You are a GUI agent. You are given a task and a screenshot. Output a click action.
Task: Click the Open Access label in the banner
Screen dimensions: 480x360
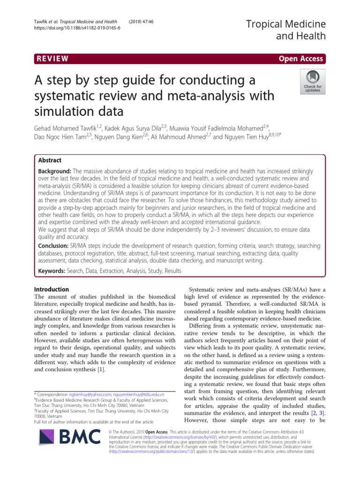point(300,59)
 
